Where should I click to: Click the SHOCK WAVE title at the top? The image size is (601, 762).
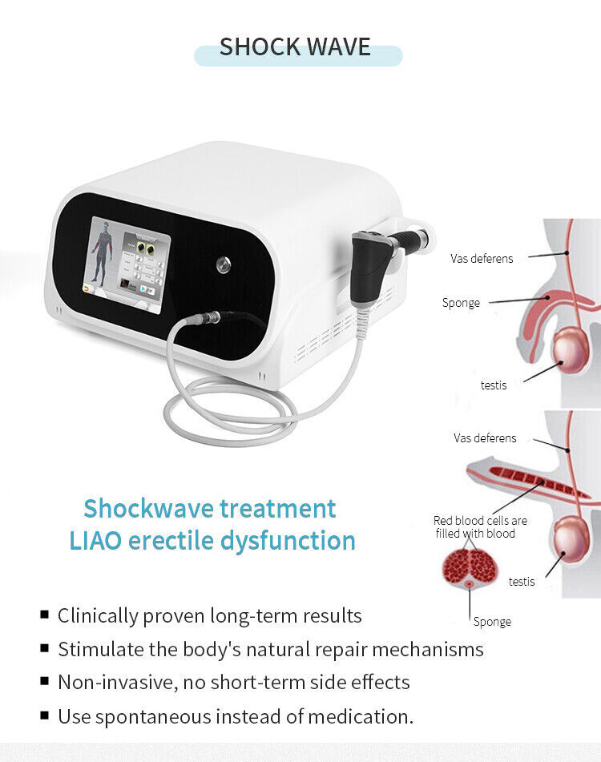pos(295,47)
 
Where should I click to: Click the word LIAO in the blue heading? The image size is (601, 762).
pos(95,540)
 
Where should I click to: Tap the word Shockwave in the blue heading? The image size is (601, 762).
pos(149,508)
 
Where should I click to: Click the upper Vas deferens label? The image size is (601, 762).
pos(482,259)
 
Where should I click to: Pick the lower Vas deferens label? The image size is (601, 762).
pos(485,438)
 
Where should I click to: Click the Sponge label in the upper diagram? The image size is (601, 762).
pos(461,303)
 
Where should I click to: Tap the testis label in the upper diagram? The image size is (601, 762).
pos(494,385)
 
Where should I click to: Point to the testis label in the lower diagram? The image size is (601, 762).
pos(522,581)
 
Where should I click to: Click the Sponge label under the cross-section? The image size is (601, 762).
pos(492,622)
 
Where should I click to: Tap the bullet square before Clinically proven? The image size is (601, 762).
pos(44,615)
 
